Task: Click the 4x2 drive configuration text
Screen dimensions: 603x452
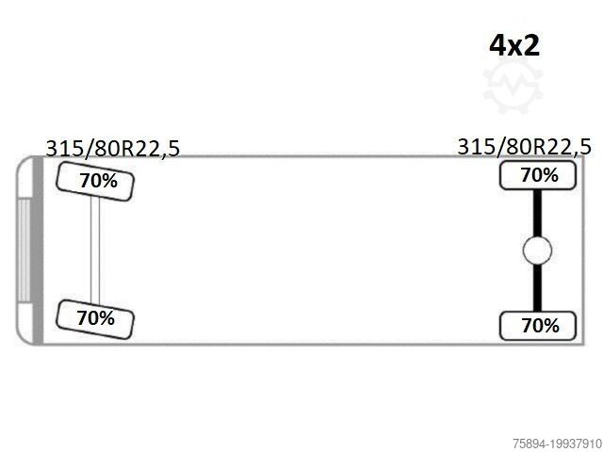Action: pos(514,46)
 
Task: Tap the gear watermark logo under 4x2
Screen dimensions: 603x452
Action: pos(513,87)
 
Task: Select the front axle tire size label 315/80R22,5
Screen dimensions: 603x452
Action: pos(113,149)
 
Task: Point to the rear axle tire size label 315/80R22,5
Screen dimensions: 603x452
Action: pos(524,147)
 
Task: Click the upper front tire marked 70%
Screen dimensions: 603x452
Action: pos(95,182)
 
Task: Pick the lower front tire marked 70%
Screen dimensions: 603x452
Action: pos(95,319)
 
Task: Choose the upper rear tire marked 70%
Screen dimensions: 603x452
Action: pos(538,175)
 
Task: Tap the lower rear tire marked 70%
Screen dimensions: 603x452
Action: pos(538,326)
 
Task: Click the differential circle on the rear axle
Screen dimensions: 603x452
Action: pos(537,250)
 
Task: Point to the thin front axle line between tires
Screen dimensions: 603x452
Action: pos(95,250)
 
